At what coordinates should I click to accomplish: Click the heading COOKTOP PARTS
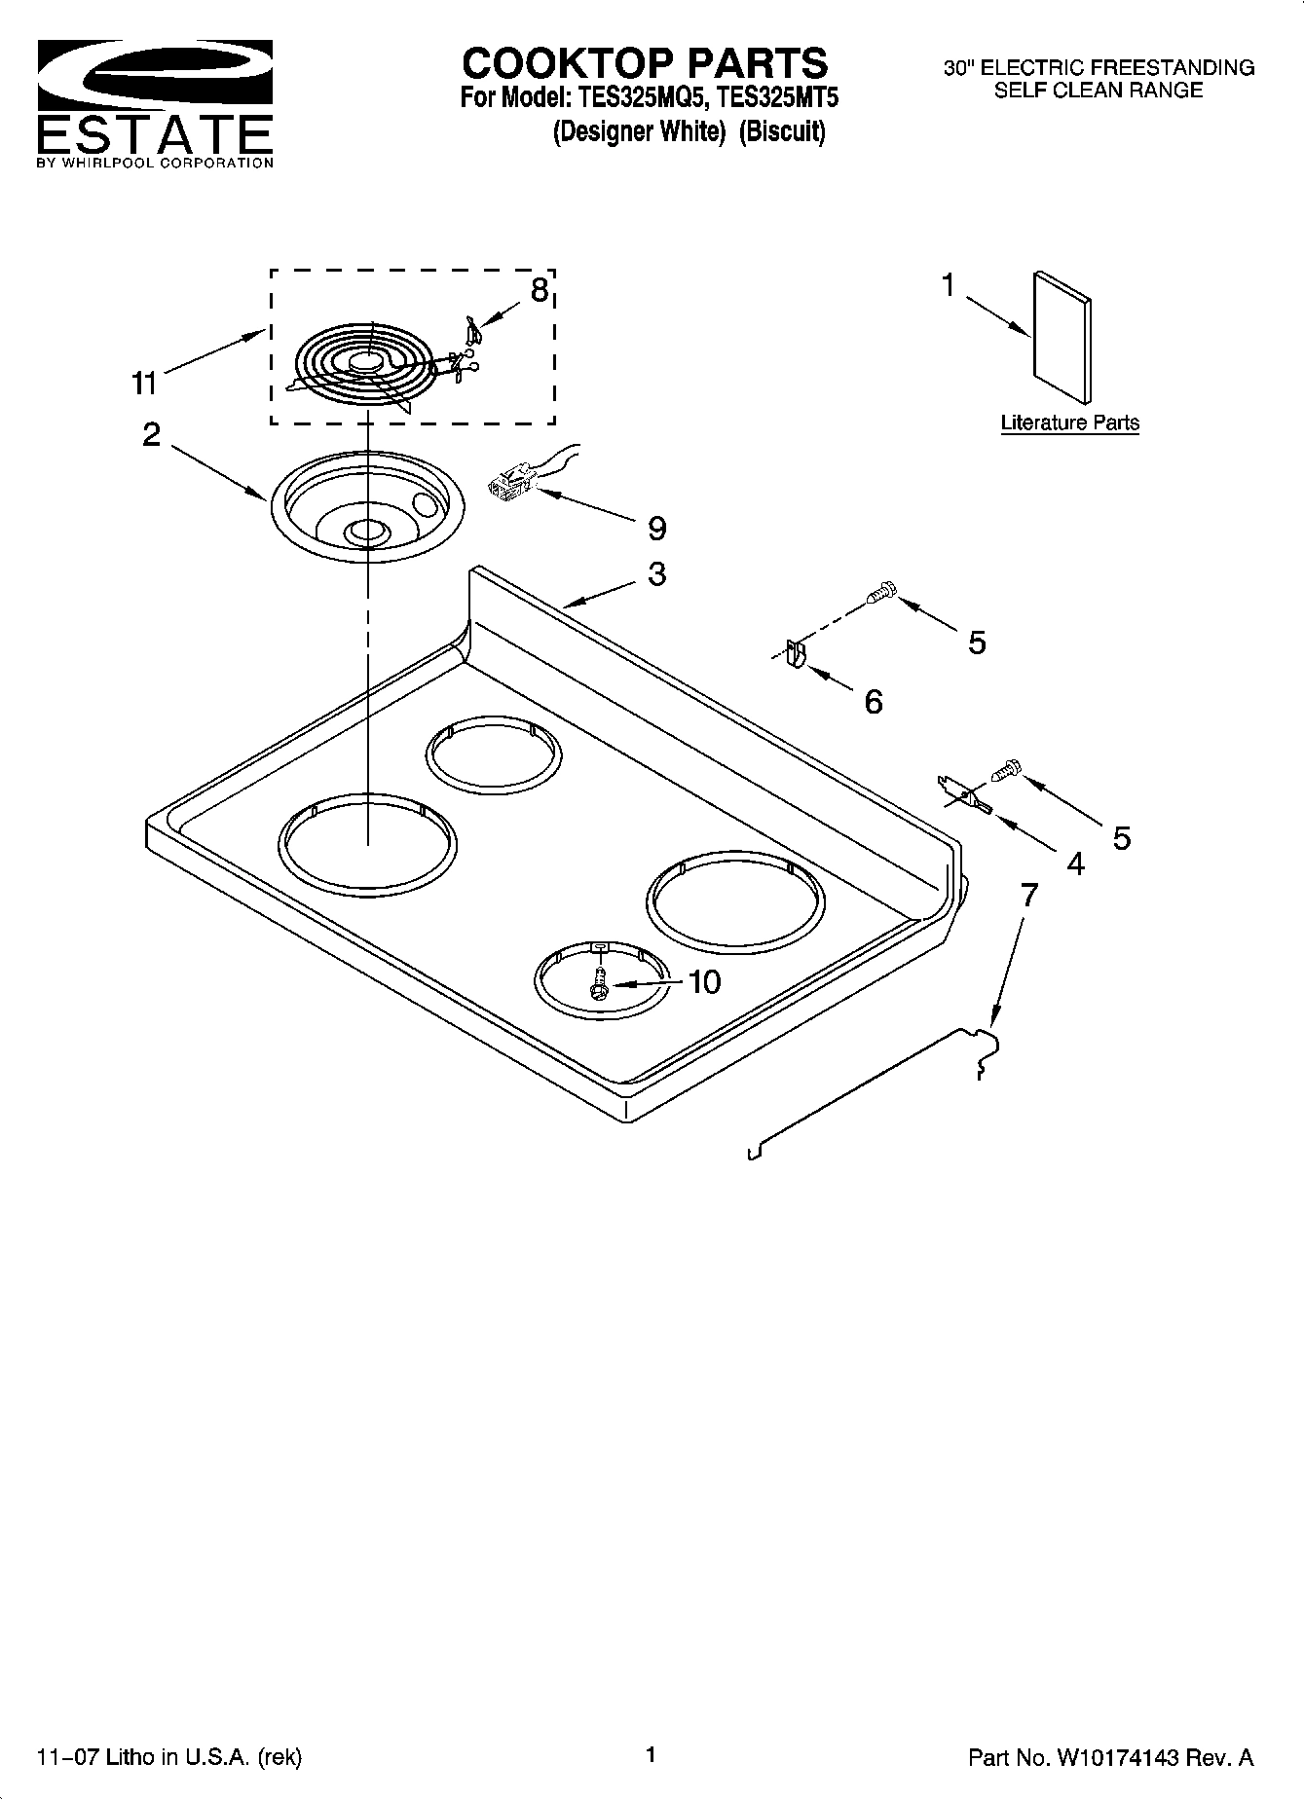pyautogui.click(x=645, y=63)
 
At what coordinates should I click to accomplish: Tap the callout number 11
pyautogui.click(x=144, y=384)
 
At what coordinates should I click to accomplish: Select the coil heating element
pyautogui.click(x=365, y=365)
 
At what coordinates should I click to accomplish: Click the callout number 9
pyautogui.click(x=657, y=529)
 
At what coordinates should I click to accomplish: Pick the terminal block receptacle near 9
pyautogui.click(x=513, y=481)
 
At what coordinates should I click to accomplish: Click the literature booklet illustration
pyautogui.click(x=1062, y=336)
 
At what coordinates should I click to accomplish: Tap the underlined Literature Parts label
pyautogui.click(x=1069, y=423)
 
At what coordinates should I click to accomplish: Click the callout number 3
pyautogui.click(x=657, y=573)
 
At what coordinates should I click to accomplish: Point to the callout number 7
pyautogui.click(x=1028, y=893)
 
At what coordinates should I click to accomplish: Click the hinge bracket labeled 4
pyautogui.click(x=963, y=796)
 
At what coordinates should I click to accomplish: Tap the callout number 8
pyautogui.click(x=539, y=289)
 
